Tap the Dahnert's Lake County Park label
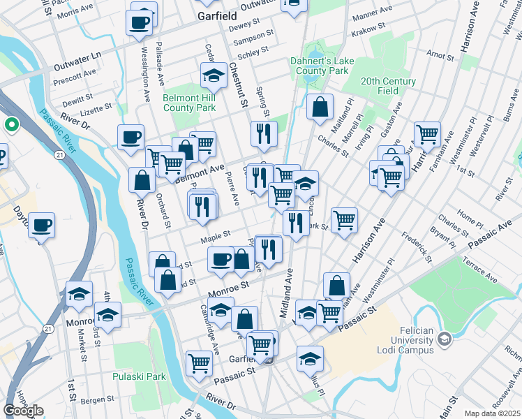(x=322, y=66)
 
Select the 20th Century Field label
(x=389, y=86)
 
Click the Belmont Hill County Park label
(x=188, y=103)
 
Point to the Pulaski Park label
(x=140, y=376)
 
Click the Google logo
(x=23, y=411)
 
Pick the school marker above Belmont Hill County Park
(x=214, y=75)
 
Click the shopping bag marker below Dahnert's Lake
(x=320, y=107)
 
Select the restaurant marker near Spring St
(x=264, y=133)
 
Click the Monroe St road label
(x=228, y=287)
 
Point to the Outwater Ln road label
(x=77, y=55)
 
